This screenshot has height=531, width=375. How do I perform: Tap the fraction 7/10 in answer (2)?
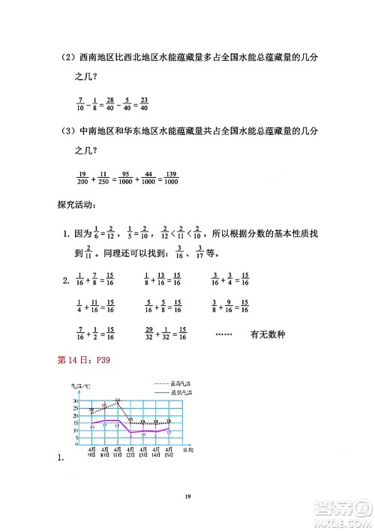80,105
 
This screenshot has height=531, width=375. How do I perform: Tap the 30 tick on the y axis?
76,401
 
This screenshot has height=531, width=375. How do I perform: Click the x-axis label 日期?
190,449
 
